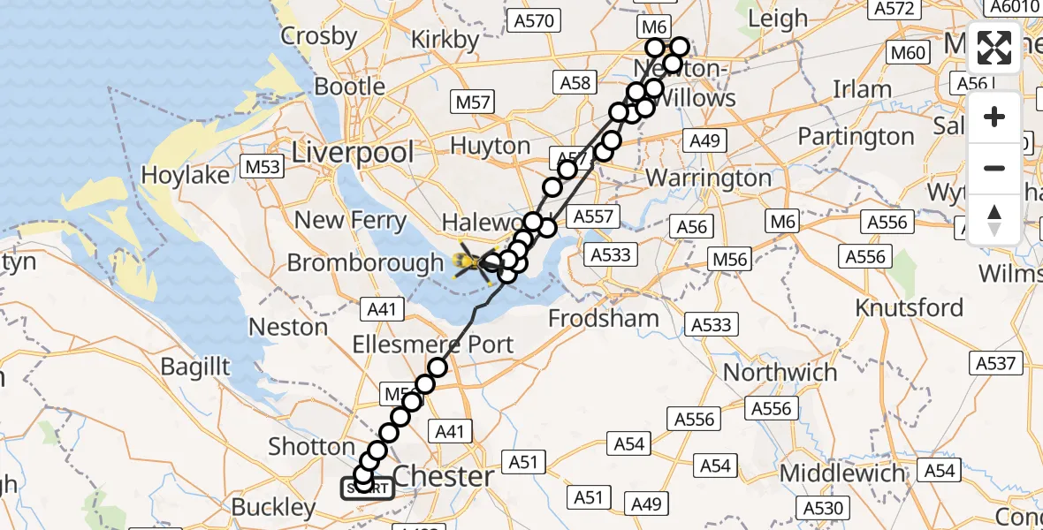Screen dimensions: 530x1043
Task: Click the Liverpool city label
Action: [x=353, y=152]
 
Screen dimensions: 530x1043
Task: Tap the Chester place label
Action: [x=443, y=476]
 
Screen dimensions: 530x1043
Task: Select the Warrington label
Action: [x=709, y=178]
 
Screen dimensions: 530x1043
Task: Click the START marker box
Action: [x=368, y=488]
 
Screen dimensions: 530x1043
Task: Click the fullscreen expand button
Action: [x=994, y=48]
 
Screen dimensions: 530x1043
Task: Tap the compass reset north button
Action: [x=994, y=219]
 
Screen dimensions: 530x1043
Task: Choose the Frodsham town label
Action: [x=604, y=318]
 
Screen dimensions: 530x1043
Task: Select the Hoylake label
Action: [x=186, y=175]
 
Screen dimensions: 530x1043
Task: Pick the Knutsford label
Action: [x=910, y=307]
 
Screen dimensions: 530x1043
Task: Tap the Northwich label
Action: [x=780, y=372]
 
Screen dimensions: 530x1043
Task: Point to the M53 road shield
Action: [x=263, y=167]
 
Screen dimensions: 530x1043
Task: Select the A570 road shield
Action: [x=533, y=20]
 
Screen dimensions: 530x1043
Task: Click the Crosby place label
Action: [x=319, y=36]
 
